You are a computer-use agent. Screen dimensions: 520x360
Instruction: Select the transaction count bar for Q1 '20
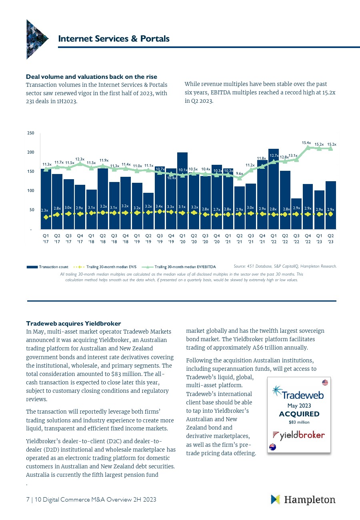[182, 192]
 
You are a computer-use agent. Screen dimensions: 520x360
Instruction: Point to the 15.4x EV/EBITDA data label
[306, 142]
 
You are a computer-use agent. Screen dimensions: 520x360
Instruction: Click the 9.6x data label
[239, 173]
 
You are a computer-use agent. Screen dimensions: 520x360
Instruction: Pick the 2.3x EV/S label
[44, 210]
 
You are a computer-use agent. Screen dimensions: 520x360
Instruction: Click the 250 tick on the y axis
[30, 133]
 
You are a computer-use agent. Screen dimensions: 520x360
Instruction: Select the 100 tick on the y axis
[30, 191]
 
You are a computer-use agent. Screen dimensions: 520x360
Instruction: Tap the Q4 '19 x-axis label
[171, 238]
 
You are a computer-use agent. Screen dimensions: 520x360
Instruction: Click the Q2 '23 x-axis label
[331, 238]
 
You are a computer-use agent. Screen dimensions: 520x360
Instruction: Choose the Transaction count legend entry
[48, 267]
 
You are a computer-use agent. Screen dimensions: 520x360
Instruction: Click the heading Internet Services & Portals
[114, 39]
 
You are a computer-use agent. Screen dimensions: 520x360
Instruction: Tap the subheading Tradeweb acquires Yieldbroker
[73, 323]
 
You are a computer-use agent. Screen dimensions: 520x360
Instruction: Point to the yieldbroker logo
[298, 435]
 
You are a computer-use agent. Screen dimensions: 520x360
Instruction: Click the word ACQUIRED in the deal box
[299, 414]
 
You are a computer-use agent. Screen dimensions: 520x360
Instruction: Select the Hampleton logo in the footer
[303, 500]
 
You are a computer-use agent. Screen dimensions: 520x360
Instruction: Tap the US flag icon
[325, 383]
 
